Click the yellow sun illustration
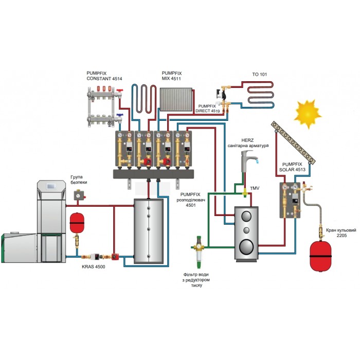pyautogui.click(x=308, y=114)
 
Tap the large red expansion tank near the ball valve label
pyautogui.click(x=320, y=256)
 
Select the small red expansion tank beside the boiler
pyautogui.click(x=77, y=223)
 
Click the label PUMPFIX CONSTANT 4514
pyautogui.click(x=104, y=76)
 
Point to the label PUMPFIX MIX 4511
pyautogui.click(x=172, y=76)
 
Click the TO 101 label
pyautogui.click(x=259, y=75)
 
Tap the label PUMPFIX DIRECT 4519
pyautogui.click(x=208, y=109)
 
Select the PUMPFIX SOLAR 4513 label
pyautogui.click(x=292, y=167)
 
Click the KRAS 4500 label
pyautogui.click(x=94, y=267)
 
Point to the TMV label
pyautogui.click(x=255, y=188)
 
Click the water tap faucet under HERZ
pyautogui.click(x=249, y=160)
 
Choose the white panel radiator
pyautogui.click(x=176, y=99)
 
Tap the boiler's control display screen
pyautogui.click(x=50, y=186)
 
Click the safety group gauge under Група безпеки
pyautogui.click(x=79, y=195)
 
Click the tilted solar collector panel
pyautogui.click(x=293, y=142)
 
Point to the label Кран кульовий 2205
pyautogui.click(x=341, y=233)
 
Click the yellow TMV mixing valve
pyautogui.click(x=245, y=193)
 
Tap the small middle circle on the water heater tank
pyautogui.click(x=246, y=230)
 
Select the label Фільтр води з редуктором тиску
pyautogui.click(x=196, y=280)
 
